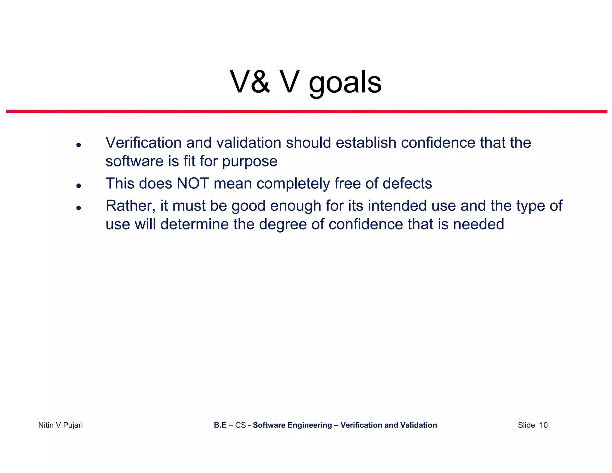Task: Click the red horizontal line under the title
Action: [307, 111]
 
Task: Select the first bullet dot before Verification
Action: [79, 145]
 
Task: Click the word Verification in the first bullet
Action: [143, 143]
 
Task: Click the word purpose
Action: [250, 162]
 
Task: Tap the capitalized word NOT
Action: [193, 183]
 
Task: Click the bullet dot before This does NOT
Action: [79, 186]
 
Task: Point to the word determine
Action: [195, 224]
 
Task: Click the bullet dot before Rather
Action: [79, 208]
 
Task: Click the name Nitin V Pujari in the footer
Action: [60, 425]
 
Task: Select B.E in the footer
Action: [220, 425]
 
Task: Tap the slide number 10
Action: [543, 425]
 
